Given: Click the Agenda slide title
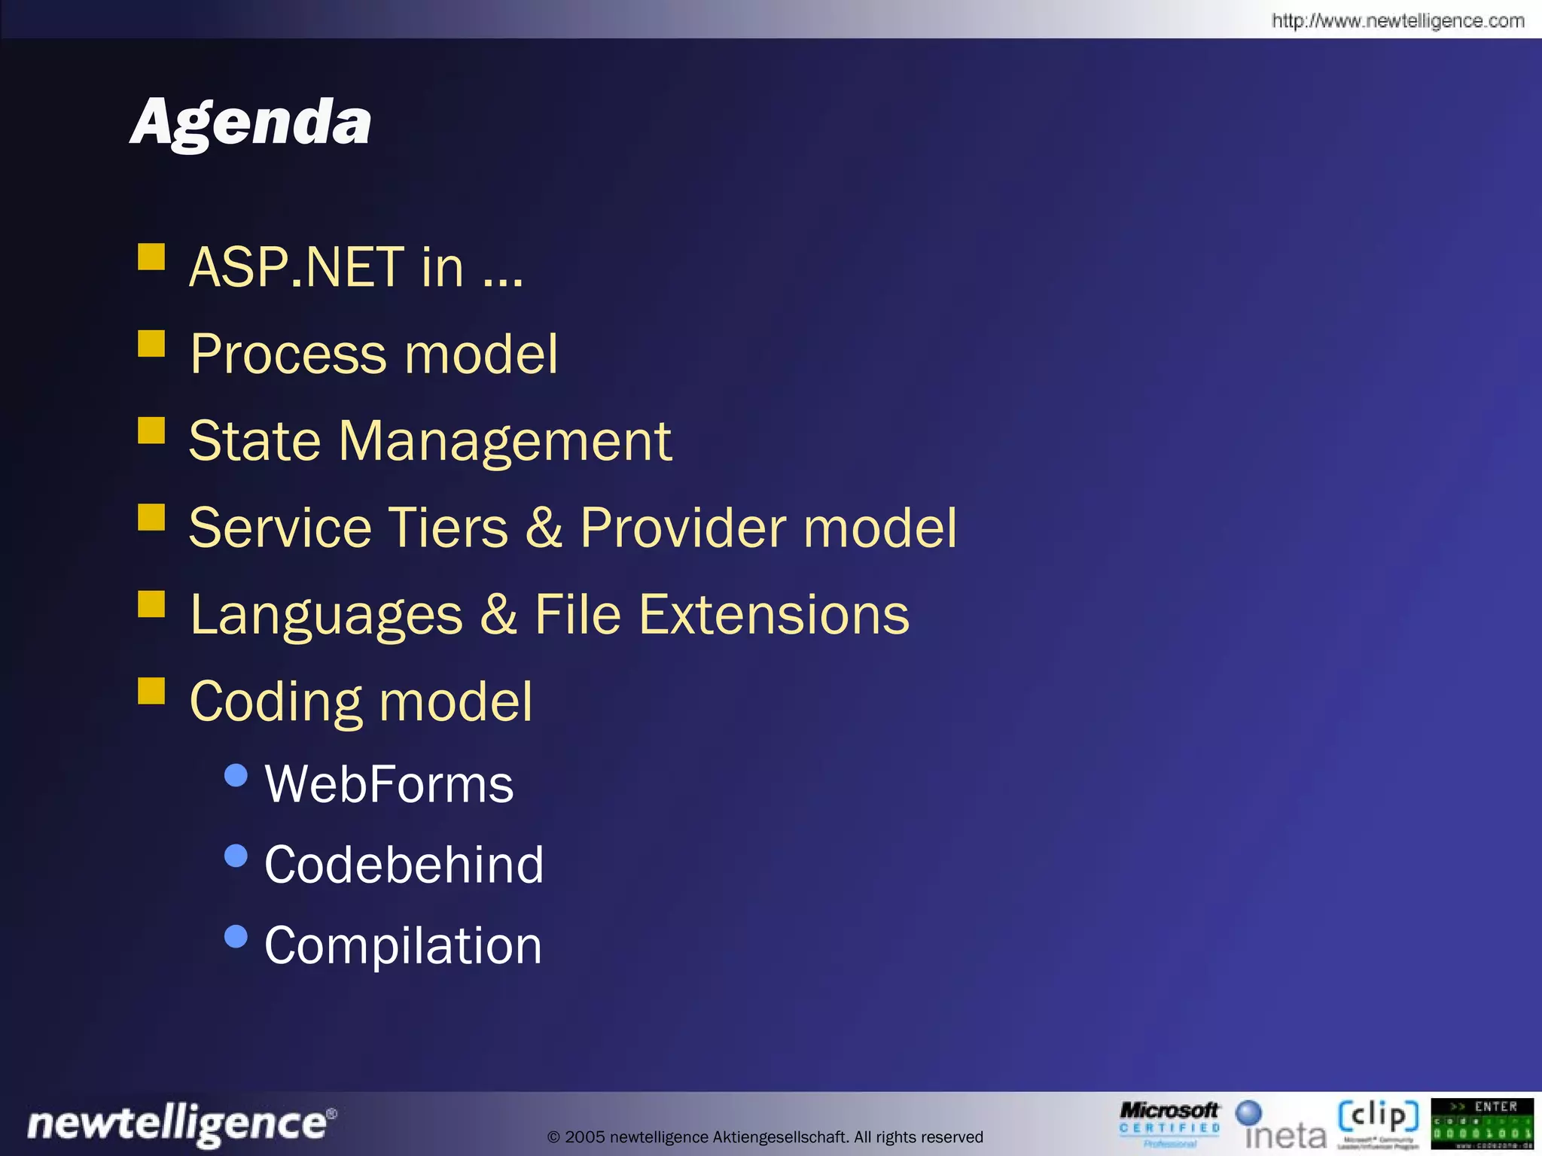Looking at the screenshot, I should [x=251, y=122].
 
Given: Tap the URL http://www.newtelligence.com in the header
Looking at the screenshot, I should [x=1397, y=20].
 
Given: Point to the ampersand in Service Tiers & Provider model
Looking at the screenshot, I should [x=544, y=527].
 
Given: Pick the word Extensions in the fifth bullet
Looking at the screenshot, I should [x=774, y=614].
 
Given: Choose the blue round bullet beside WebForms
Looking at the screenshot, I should [x=236, y=775].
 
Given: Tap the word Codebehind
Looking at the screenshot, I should [x=404, y=864].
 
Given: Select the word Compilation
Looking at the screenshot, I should [x=403, y=945].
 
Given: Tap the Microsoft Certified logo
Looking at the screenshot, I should [x=1169, y=1123].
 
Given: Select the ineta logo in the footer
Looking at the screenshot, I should [x=1281, y=1125].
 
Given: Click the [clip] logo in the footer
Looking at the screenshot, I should [x=1377, y=1122].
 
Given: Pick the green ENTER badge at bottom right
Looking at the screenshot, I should [x=1481, y=1124].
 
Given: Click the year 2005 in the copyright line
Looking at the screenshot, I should [x=585, y=1136].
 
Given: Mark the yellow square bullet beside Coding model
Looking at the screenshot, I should [x=151, y=690].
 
